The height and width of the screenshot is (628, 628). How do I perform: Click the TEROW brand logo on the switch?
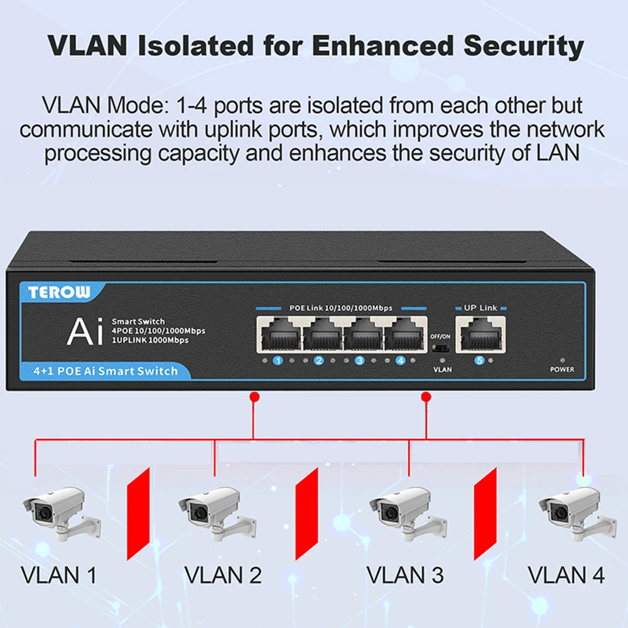tap(60, 291)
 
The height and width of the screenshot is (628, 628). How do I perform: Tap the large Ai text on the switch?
tap(84, 332)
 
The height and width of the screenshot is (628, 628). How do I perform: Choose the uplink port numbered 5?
tap(480, 334)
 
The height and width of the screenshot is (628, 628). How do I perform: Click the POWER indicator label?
tap(561, 369)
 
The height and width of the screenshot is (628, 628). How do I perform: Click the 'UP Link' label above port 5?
tap(480, 308)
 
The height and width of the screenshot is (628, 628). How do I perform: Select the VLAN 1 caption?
tap(58, 575)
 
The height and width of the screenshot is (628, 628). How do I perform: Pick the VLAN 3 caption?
tap(404, 575)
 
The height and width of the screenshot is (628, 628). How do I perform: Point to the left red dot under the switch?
tap(254, 397)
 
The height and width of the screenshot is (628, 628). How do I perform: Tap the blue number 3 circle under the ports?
tap(360, 361)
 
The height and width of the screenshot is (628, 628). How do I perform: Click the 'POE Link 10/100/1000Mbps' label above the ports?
tap(340, 308)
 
